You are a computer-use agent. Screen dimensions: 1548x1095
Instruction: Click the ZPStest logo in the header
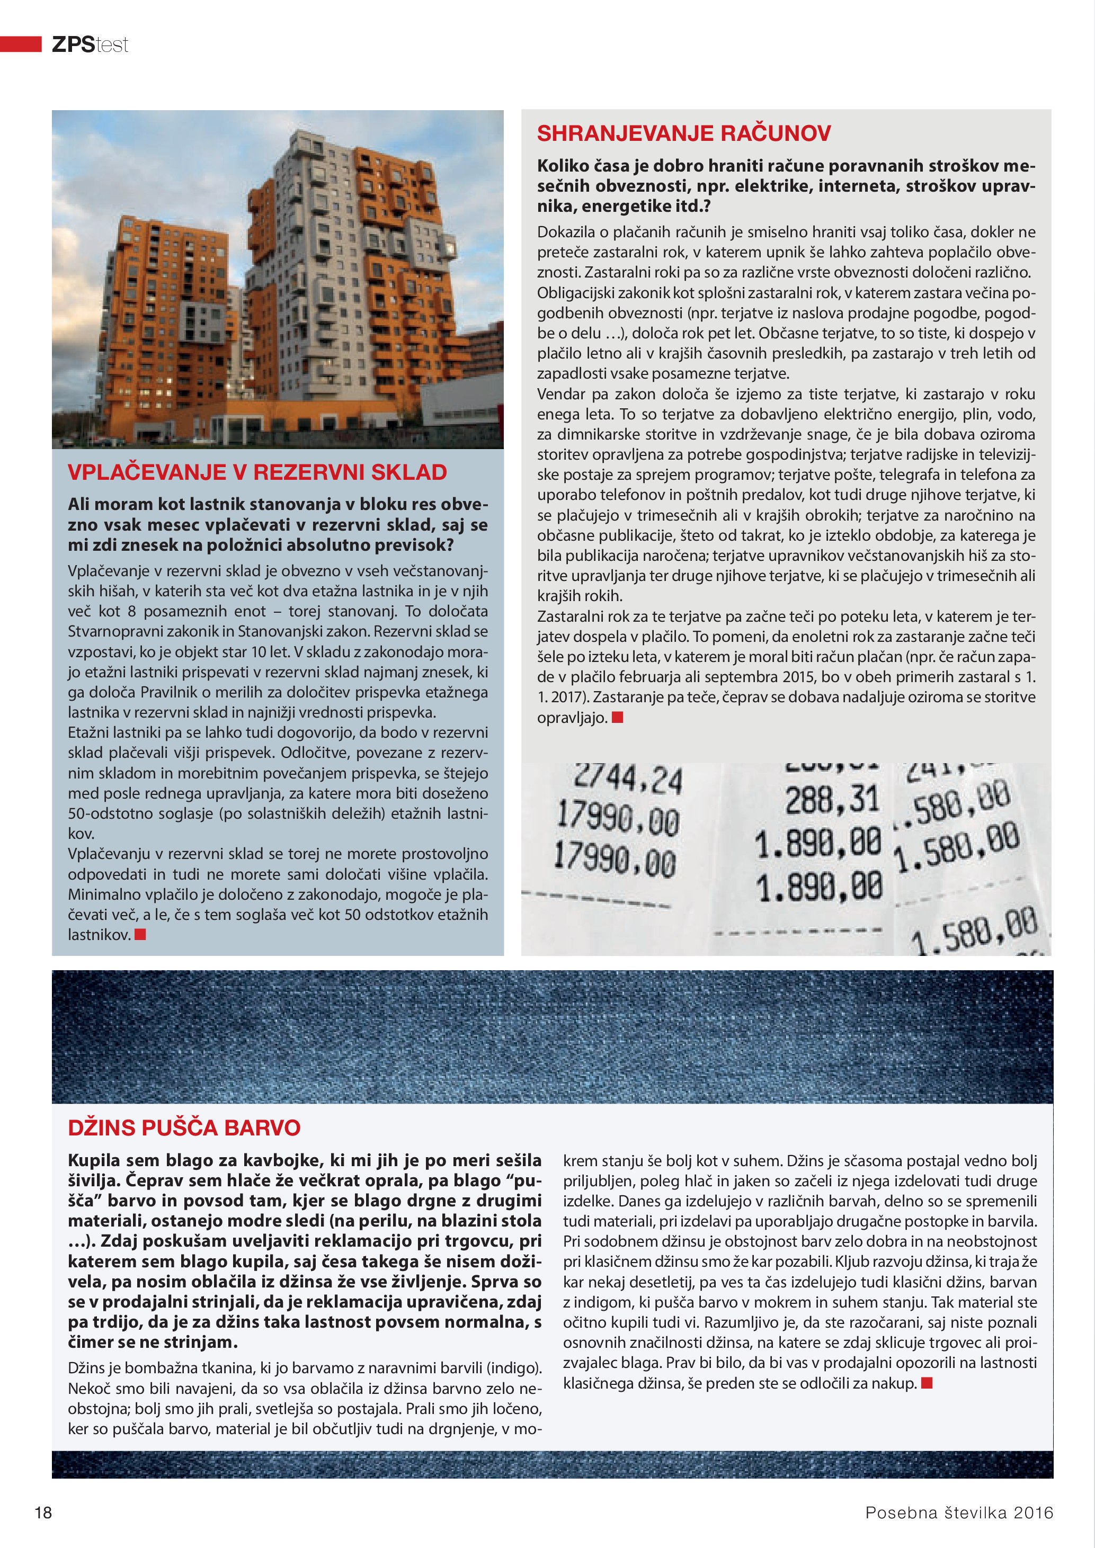90,44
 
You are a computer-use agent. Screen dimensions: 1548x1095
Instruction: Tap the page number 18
43,1513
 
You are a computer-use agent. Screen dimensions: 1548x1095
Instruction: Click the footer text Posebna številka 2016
959,1513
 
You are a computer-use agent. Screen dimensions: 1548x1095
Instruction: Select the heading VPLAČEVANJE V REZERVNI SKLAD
257,472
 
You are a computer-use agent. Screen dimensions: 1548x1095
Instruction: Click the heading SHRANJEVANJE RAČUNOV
684,133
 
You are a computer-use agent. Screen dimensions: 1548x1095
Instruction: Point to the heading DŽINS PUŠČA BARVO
184,1128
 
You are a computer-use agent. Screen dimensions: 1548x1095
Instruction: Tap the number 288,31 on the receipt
832,800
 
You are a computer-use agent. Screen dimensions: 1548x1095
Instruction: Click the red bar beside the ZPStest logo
21,44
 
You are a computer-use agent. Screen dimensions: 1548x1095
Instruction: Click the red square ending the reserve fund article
140,934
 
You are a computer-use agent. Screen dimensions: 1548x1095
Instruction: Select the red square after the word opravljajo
617,718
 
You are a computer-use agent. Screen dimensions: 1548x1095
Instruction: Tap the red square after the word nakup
927,1383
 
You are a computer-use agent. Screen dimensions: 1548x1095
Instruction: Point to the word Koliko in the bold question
563,166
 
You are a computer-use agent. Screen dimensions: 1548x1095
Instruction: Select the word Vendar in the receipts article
559,393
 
